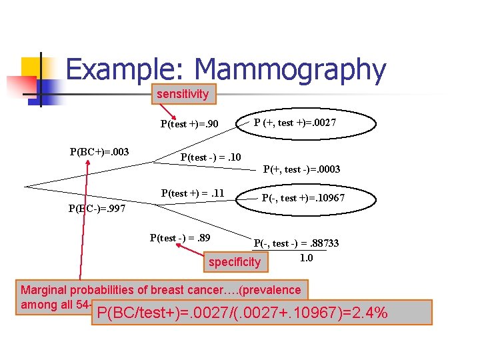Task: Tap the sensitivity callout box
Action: click(x=183, y=94)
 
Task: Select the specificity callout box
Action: click(x=235, y=262)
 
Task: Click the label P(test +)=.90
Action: click(x=189, y=123)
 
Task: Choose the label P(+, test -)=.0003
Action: click(x=301, y=169)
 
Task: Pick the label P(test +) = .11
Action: click(x=193, y=193)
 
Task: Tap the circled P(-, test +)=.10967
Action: click(x=303, y=198)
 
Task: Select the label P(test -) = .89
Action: click(x=181, y=237)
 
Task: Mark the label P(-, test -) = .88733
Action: click(x=296, y=243)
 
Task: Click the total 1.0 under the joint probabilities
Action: click(x=306, y=257)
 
